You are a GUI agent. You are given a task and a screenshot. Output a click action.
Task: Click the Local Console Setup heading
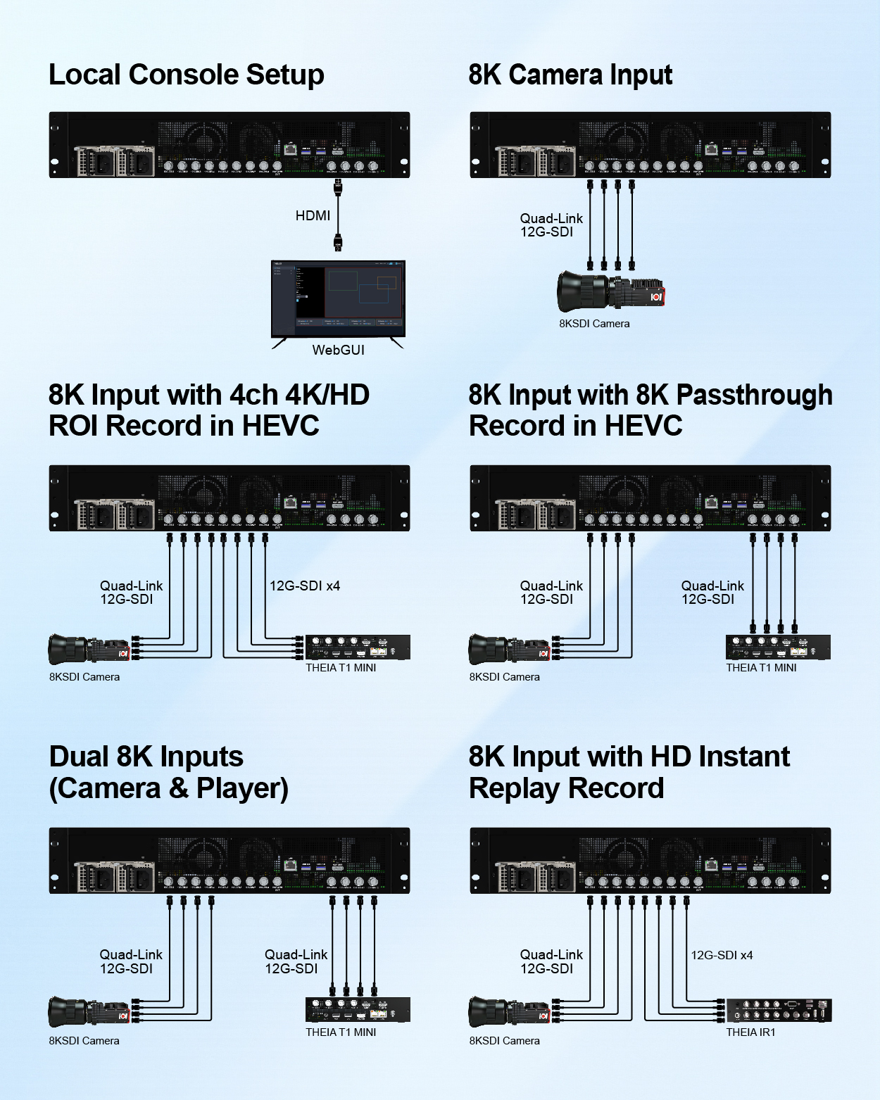pos(186,75)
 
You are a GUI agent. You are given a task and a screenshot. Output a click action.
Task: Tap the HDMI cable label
pos(313,215)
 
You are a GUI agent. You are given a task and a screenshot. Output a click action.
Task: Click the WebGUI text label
pos(338,350)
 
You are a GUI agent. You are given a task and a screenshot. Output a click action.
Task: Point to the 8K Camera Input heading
pos(570,75)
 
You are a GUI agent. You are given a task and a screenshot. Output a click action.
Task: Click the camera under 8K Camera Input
pos(610,291)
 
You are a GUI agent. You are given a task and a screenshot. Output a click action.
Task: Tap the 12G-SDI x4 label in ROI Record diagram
pos(304,586)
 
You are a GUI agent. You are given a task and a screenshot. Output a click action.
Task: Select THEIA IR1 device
pos(779,1011)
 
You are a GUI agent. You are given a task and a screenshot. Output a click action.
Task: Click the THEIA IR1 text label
pos(750,1032)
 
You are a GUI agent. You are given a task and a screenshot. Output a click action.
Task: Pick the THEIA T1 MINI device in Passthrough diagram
pos(778,647)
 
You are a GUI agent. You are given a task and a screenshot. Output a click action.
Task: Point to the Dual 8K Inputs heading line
pos(146,757)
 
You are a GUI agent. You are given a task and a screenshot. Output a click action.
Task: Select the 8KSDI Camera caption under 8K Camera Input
pos(594,324)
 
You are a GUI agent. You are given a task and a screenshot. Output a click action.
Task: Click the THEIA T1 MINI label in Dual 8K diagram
pos(341,1032)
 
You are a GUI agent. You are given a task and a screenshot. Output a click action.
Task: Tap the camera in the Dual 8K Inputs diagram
pos(89,1011)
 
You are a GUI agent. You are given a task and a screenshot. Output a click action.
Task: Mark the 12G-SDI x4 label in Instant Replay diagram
pos(722,955)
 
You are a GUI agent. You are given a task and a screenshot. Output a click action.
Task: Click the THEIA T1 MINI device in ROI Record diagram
pos(358,647)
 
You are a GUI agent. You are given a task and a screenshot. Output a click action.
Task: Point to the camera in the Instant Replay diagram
pos(509,1011)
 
